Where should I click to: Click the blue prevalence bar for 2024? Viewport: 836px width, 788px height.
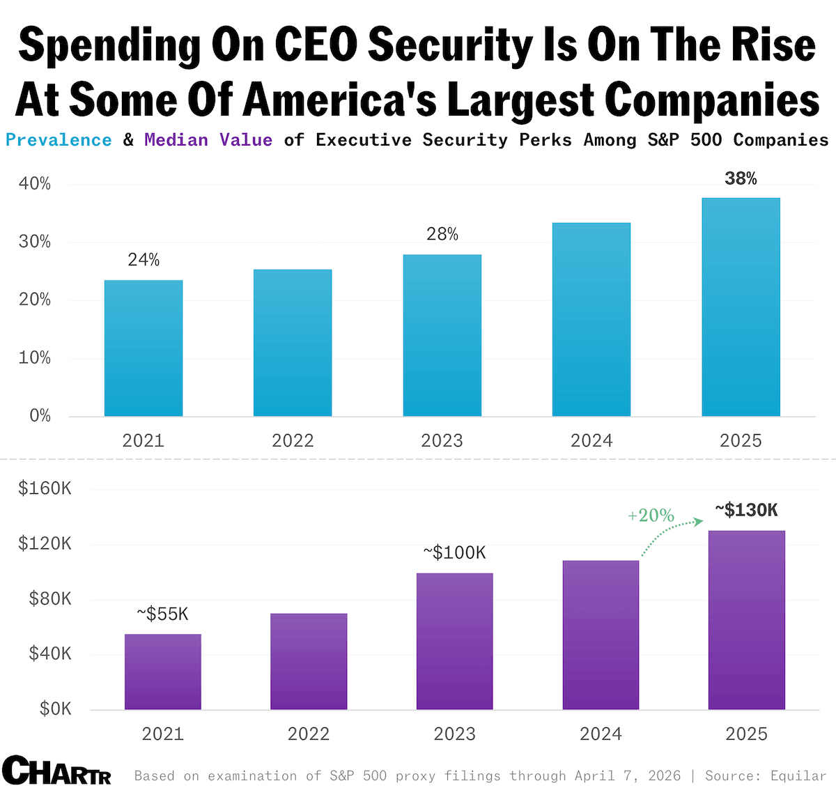[591, 320]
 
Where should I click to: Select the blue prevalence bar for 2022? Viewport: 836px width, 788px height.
[293, 343]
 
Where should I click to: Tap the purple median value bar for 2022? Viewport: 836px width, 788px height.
[309, 661]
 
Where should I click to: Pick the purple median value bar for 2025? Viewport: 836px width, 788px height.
[746, 620]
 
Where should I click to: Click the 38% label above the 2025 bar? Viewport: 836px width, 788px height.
[741, 179]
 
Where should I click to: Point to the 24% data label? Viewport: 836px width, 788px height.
[144, 260]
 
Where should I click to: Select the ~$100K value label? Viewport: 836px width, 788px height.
[454, 553]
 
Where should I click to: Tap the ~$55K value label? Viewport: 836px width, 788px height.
[162, 614]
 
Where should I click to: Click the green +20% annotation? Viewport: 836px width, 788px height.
[651, 516]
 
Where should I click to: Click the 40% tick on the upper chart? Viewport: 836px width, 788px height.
[35, 184]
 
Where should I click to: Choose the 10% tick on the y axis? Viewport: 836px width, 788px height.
[35, 358]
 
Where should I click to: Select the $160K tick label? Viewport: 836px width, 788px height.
[45, 488]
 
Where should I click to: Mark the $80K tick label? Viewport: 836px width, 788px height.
[49, 598]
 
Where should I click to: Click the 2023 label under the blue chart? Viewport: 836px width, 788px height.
[442, 440]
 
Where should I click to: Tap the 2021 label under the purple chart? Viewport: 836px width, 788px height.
[162, 734]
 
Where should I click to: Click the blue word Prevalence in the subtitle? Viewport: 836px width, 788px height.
[59, 140]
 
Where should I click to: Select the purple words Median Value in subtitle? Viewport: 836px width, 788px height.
[208, 140]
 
